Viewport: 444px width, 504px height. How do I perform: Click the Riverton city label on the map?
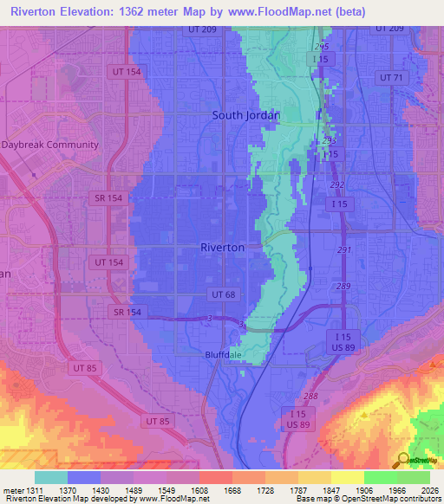click(x=222, y=247)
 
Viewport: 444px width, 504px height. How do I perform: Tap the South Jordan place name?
click(x=245, y=115)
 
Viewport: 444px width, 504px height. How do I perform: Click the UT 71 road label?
click(x=392, y=78)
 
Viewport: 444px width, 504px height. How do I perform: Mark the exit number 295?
click(x=322, y=46)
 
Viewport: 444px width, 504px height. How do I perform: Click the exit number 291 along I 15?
click(x=344, y=249)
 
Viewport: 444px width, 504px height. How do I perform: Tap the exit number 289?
click(x=344, y=286)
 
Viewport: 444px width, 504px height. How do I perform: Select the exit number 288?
click(x=310, y=396)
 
